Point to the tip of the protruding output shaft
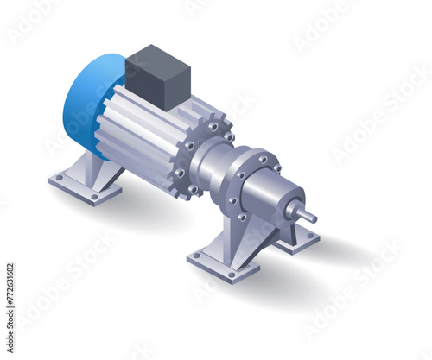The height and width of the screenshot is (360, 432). [313, 217]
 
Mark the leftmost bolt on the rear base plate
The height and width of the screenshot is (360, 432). [58, 177]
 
